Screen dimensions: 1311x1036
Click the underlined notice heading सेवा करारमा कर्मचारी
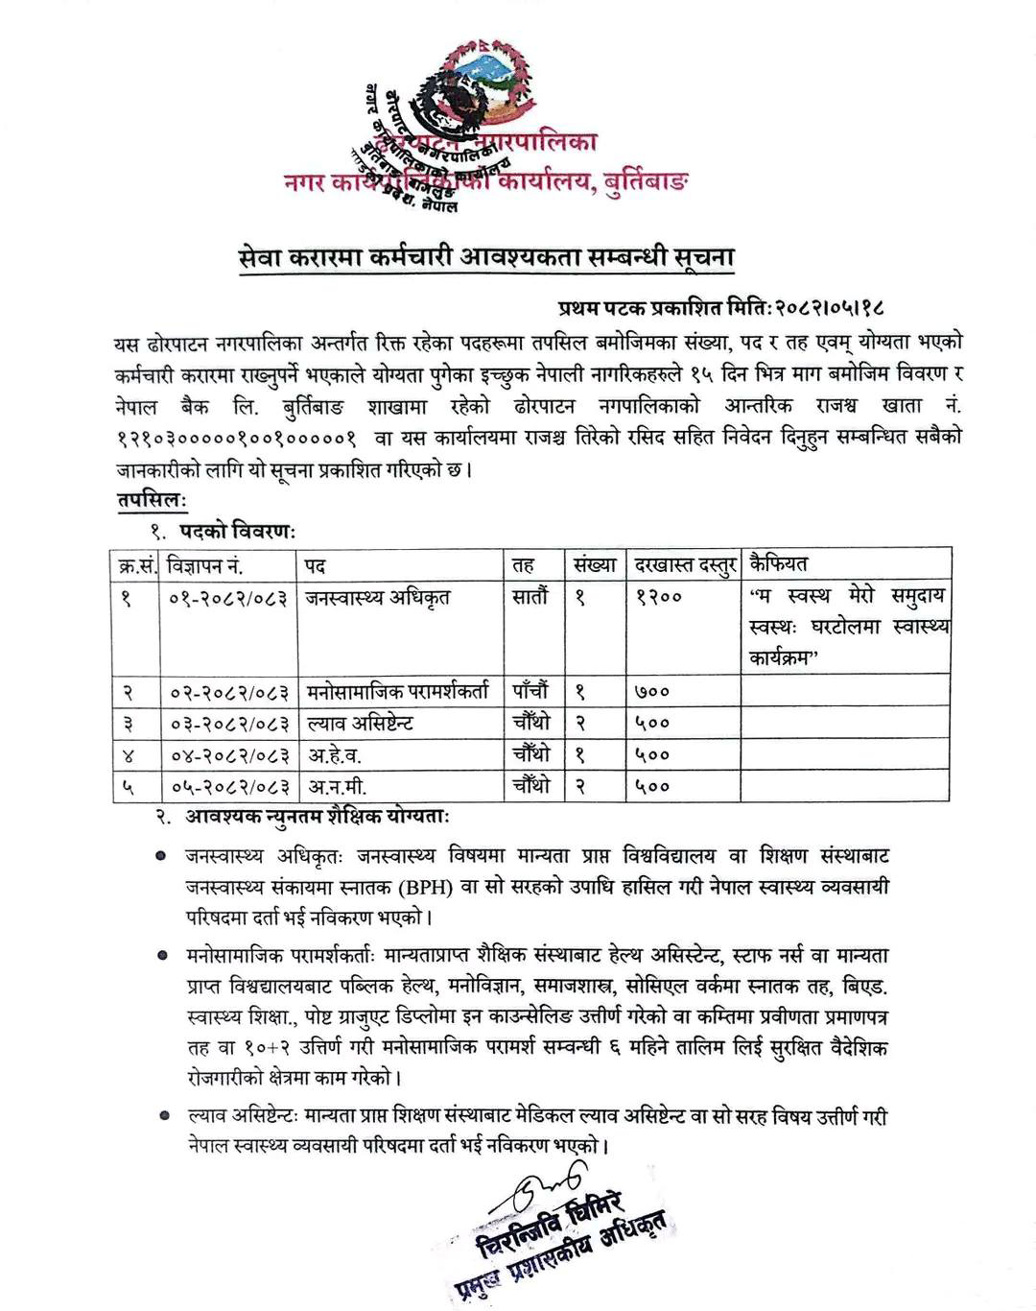click(x=487, y=258)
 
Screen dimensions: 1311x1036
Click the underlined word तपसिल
click(x=152, y=499)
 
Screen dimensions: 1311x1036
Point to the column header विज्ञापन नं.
click(x=204, y=564)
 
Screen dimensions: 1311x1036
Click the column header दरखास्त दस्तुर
click(x=685, y=564)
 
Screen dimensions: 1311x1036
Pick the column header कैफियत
click(x=779, y=563)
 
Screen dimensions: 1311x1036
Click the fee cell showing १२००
click(x=659, y=598)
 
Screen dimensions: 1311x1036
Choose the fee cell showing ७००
click(x=652, y=691)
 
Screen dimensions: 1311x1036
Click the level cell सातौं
click(x=530, y=597)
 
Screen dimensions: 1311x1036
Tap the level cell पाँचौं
click(x=530, y=691)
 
